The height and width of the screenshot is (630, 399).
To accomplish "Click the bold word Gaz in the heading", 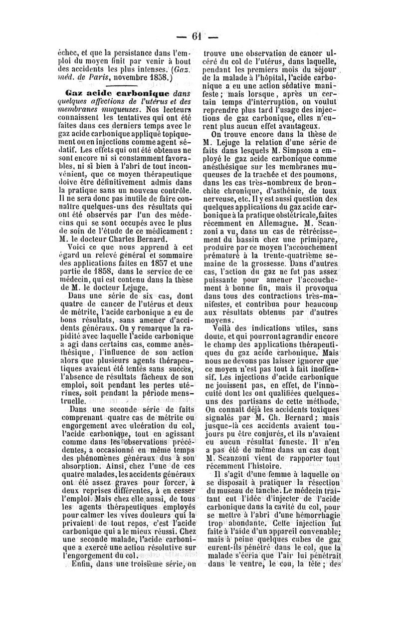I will tap(73, 93).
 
